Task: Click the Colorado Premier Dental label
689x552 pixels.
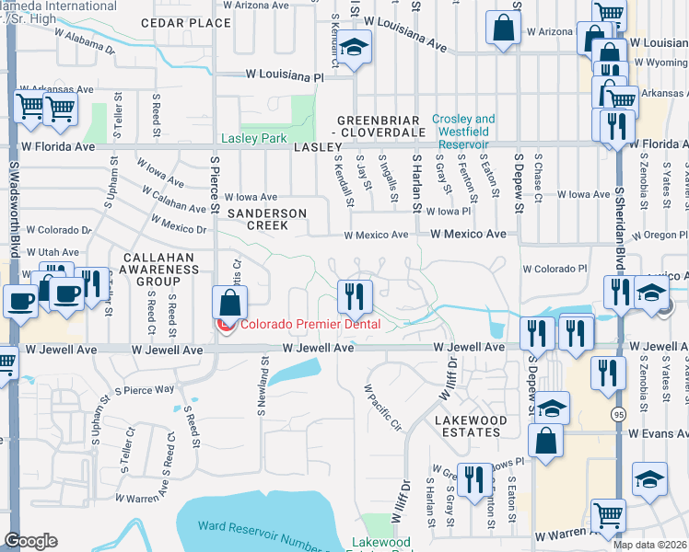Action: pyautogui.click(x=309, y=324)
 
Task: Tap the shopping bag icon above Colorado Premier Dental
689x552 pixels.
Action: pyautogui.click(x=229, y=301)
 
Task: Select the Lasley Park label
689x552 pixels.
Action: pyautogui.click(x=254, y=139)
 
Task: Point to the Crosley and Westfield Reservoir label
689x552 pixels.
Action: pyautogui.click(x=464, y=132)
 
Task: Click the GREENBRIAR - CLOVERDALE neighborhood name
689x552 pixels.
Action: pyautogui.click(x=379, y=126)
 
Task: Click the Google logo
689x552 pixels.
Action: pyautogui.click(x=30, y=541)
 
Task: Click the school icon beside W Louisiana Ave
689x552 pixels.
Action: pyautogui.click(x=353, y=48)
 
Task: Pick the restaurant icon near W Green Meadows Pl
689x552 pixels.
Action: pyautogui.click(x=474, y=479)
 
